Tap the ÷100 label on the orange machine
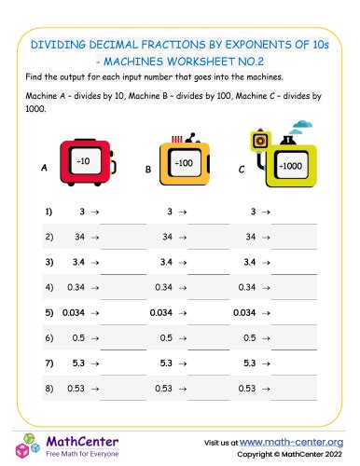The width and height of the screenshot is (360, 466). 184,164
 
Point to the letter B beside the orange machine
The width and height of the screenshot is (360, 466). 147,170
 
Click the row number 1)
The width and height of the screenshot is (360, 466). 48,212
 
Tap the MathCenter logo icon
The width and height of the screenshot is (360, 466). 25,445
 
